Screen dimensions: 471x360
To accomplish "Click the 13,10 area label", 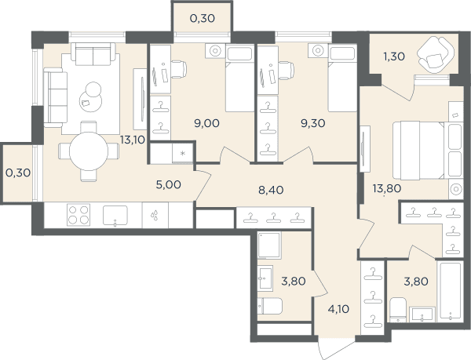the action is pos(133,140).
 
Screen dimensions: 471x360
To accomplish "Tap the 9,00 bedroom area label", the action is pos(207,123).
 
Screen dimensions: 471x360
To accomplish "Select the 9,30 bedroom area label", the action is pos(313,123).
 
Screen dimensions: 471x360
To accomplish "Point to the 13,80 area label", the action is pos(387,188).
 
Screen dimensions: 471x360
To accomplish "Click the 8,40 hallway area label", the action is pos(271,190).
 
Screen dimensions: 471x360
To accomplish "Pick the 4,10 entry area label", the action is pos(338,309).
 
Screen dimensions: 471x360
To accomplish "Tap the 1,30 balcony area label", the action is pos(394,56).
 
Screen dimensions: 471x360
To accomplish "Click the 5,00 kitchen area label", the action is pos(169,184).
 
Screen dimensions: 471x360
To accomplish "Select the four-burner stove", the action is pos(78,215).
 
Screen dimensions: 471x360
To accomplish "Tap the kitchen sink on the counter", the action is pos(115,216).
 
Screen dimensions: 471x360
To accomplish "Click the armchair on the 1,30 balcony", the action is pos(434,55).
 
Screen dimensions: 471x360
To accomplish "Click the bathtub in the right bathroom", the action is pos(450,291).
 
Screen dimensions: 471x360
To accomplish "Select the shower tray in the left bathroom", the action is pos(269,245).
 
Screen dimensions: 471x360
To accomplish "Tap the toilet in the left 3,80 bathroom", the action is pos(270,307).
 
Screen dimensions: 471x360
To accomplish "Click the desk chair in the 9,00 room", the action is pos(179,70).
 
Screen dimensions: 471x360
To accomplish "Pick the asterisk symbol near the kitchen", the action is pos(183,154).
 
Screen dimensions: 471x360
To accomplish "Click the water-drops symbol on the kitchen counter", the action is pos(155,215).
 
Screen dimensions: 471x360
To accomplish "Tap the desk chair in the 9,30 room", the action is pos(287,71).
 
